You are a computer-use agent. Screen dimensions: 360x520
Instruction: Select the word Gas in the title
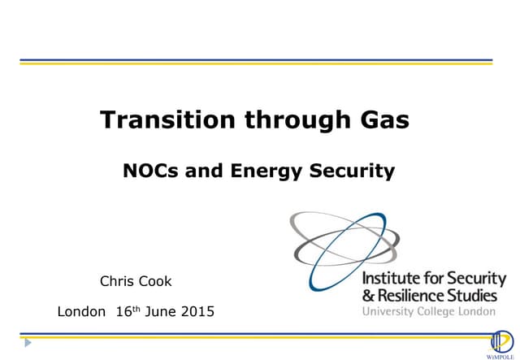coord(383,121)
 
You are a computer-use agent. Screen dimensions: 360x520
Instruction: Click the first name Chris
coord(116,281)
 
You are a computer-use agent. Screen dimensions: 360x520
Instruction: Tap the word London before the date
coord(82,310)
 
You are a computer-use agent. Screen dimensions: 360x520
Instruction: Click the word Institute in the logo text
coord(390,280)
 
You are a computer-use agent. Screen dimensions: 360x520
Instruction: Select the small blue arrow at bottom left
coord(28,342)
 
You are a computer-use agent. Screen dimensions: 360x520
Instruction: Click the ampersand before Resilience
coord(368,295)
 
